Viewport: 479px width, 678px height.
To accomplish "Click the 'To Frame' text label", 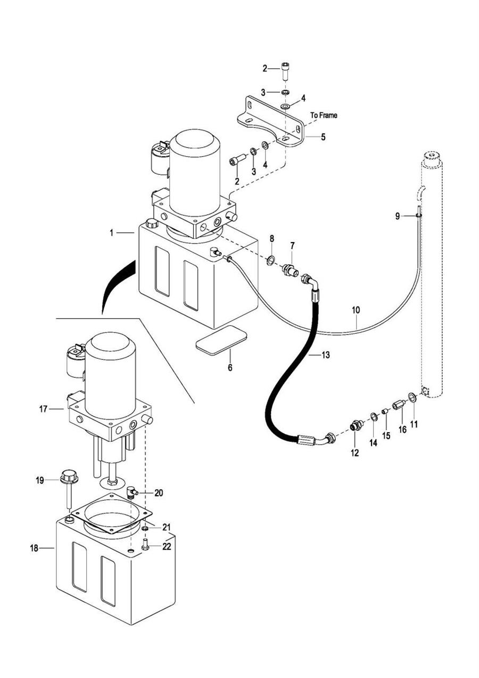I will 324,115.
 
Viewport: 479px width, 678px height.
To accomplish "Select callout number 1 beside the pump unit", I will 112,232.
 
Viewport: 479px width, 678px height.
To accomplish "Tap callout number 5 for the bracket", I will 323,137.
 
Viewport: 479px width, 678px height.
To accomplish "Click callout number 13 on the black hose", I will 326,354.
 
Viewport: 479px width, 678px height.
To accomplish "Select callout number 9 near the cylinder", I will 397,216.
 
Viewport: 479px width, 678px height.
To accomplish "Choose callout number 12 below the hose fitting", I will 354,453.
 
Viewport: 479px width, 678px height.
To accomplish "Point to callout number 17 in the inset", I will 44,409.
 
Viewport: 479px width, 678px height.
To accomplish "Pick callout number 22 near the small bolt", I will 167,547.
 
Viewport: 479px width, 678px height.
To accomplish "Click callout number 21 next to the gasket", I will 167,527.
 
